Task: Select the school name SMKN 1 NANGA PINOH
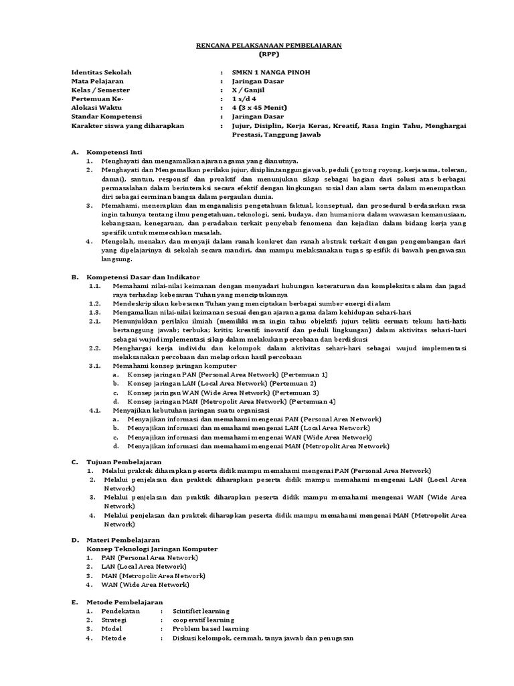coord(270,72)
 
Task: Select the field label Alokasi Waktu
coord(96,107)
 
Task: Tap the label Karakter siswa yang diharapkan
coord(127,125)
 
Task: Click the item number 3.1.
coord(94,366)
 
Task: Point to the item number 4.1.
coord(94,410)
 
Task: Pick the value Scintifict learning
coord(201,611)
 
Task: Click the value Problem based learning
coord(211,629)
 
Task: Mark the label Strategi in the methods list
coord(114,620)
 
